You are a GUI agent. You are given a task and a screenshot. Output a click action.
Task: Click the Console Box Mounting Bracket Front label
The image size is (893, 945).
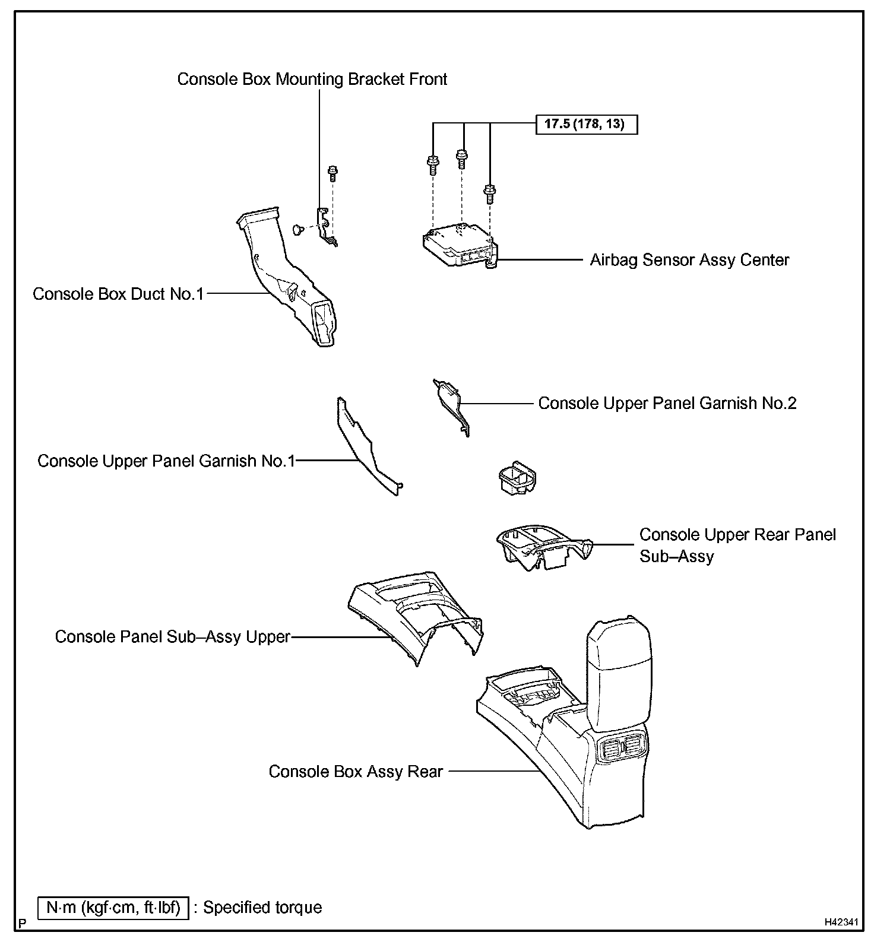click(x=312, y=80)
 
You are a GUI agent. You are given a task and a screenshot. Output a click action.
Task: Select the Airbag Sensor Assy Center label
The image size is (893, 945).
click(x=689, y=260)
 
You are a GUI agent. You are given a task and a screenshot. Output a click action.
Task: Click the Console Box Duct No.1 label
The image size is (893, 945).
click(x=118, y=294)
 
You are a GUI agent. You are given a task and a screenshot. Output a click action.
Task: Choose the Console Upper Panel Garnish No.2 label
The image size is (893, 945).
click(x=667, y=404)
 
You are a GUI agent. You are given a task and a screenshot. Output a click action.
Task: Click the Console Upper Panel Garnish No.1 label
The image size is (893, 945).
click(x=166, y=461)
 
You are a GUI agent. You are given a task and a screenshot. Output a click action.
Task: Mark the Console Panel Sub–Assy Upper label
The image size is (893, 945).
click(x=172, y=637)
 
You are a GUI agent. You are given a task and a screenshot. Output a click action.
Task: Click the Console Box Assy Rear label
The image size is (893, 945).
click(x=356, y=772)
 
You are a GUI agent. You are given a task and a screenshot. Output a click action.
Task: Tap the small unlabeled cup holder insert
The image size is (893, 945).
click(x=516, y=478)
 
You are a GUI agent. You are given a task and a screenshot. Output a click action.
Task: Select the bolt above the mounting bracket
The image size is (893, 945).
click(x=332, y=173)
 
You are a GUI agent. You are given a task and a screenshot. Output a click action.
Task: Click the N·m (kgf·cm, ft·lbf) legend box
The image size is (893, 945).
click(x=113, y=908)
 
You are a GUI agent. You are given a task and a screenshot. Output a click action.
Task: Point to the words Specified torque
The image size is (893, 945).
click(x=262, y=908)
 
